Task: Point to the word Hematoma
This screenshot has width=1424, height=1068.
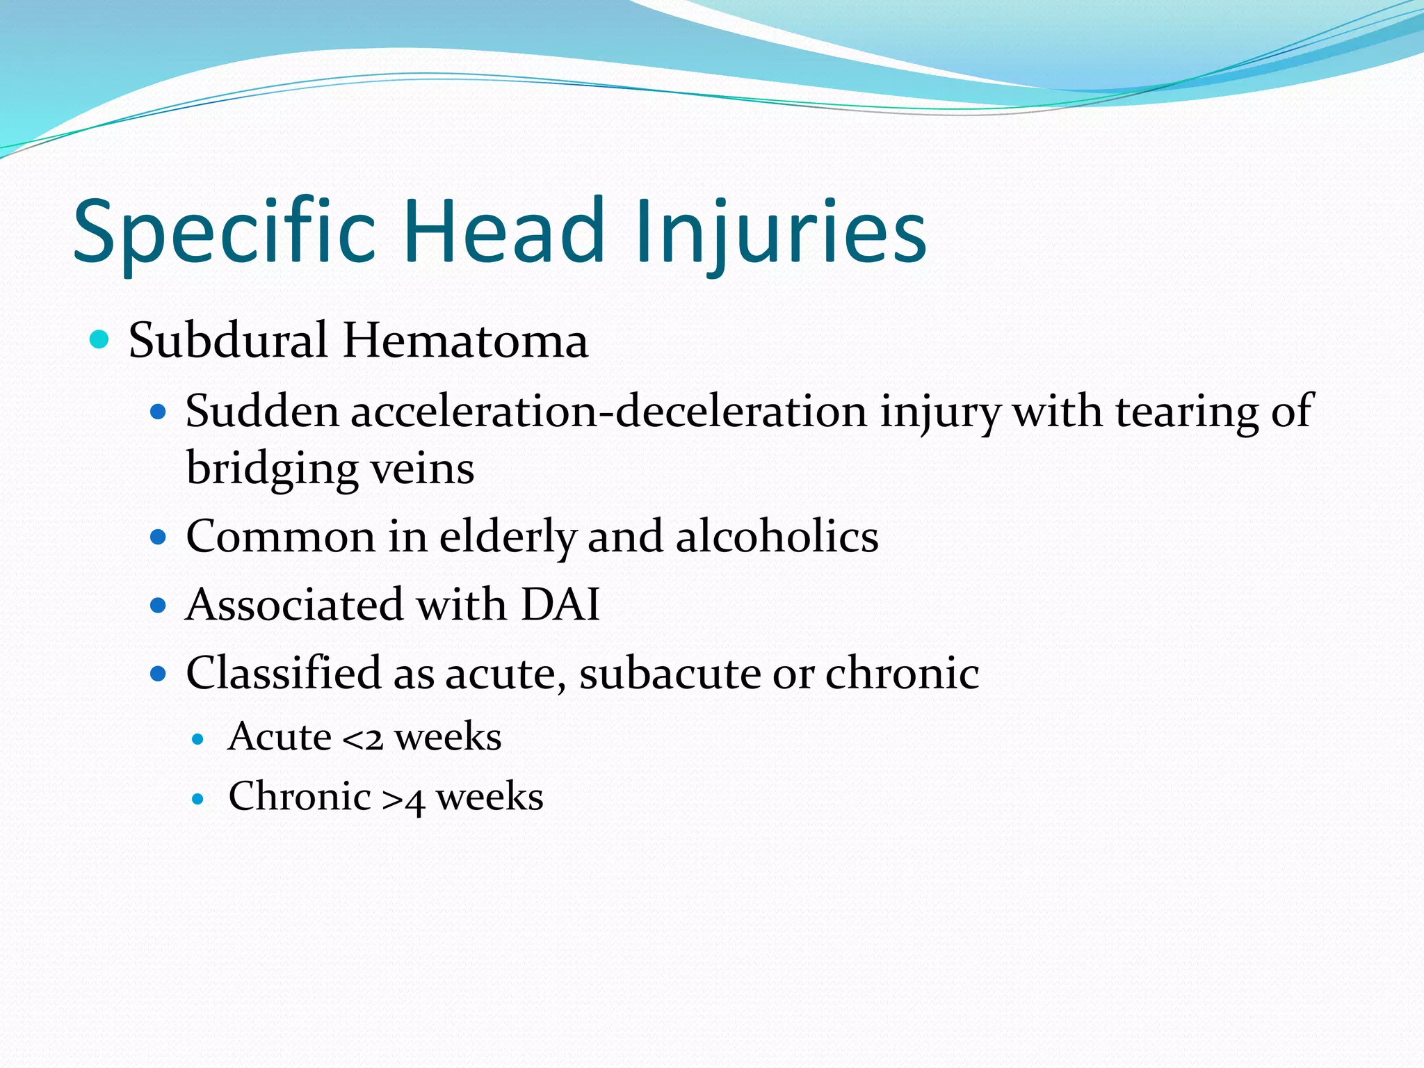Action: click(x=465, y=341)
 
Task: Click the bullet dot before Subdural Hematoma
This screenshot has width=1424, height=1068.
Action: click(x=100, y=340)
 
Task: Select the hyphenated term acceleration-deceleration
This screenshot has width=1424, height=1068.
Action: click(x=608, y=412)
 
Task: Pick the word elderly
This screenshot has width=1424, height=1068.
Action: click(x=508, y=537)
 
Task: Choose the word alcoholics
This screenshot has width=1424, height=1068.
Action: click(x=777, y=537)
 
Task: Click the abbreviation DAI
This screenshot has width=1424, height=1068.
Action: click(x=560, y=604)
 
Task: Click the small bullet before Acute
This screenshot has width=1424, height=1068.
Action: click(x=199, y=739)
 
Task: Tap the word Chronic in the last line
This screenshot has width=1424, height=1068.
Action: click(x=300, y=797)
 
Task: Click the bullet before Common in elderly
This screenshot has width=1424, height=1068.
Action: click(x=159, y=537)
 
